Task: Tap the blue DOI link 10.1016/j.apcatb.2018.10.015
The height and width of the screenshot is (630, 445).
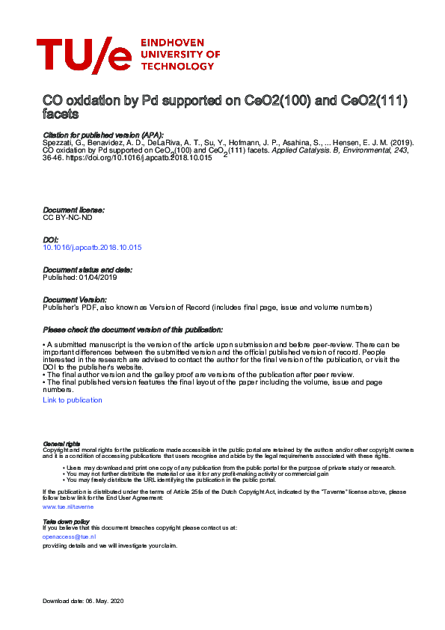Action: [93, 247]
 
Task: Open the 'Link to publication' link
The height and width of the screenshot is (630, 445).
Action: [73, 400]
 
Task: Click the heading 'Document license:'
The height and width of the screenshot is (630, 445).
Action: [73, 210]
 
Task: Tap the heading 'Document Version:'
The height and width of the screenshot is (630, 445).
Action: [75, 299]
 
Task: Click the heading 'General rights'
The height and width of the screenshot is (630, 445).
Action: [61, 444]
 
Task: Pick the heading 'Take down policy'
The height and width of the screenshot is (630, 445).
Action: [66, 521]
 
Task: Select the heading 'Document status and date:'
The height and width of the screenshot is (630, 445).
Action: [88, 269]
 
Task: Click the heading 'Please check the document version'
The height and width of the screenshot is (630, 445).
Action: [132, 330]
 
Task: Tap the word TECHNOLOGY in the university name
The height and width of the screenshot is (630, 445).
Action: [177, 65]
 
